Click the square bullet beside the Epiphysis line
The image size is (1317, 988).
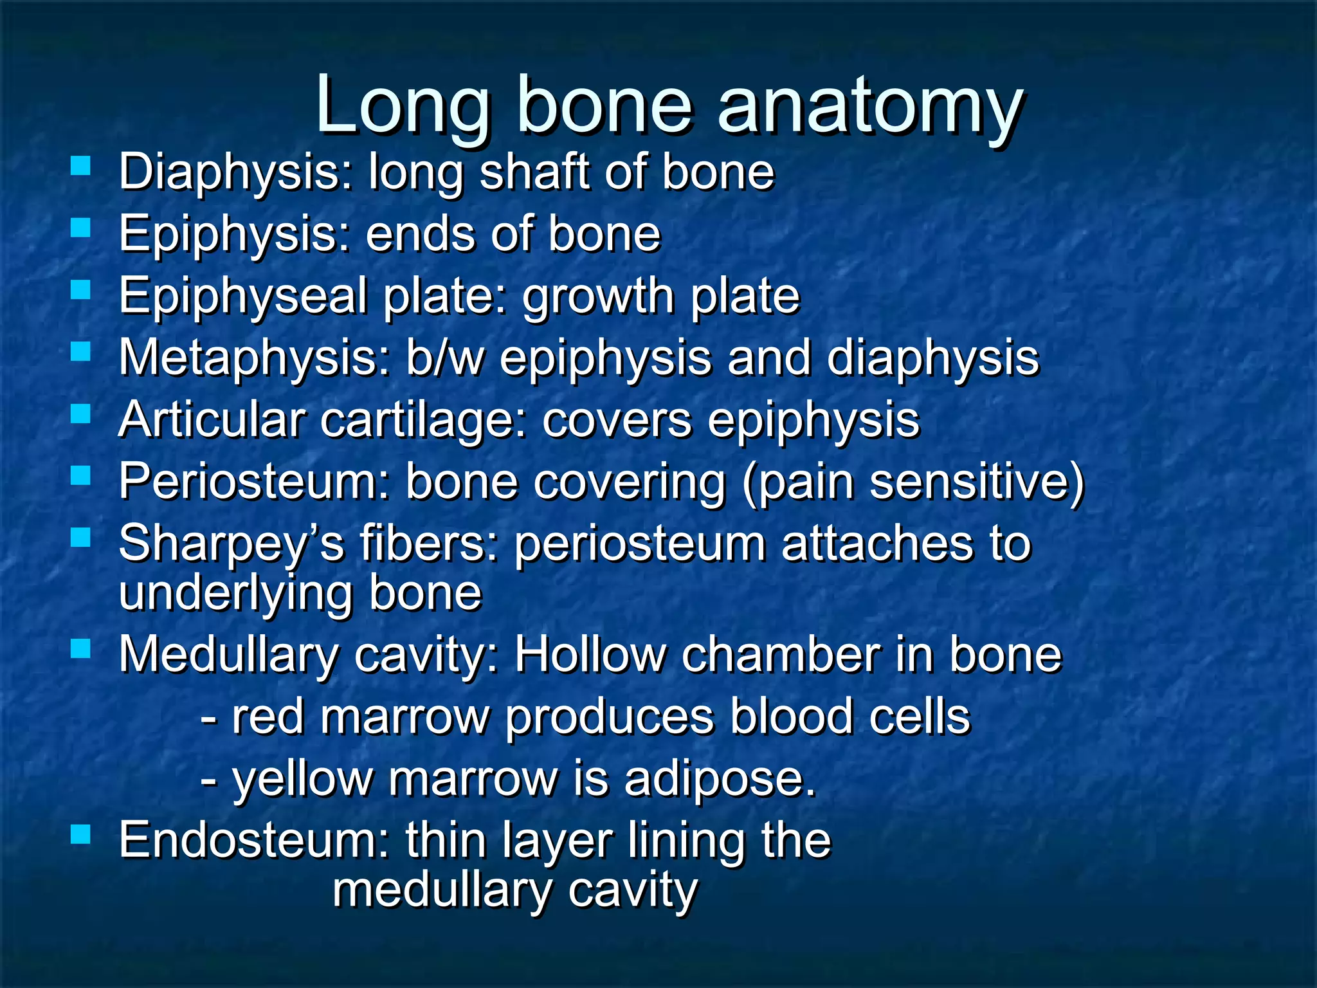coord(80,228)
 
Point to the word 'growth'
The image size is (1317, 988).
coord(598,297)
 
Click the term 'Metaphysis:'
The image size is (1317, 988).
coord(255,358)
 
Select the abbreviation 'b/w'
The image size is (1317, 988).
coord(444,358)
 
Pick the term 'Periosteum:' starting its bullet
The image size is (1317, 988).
coord(255,482)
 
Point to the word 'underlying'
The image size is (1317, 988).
coord(235,593)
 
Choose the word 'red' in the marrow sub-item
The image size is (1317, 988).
coord(268,717)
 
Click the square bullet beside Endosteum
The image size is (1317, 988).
coord(80,835)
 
